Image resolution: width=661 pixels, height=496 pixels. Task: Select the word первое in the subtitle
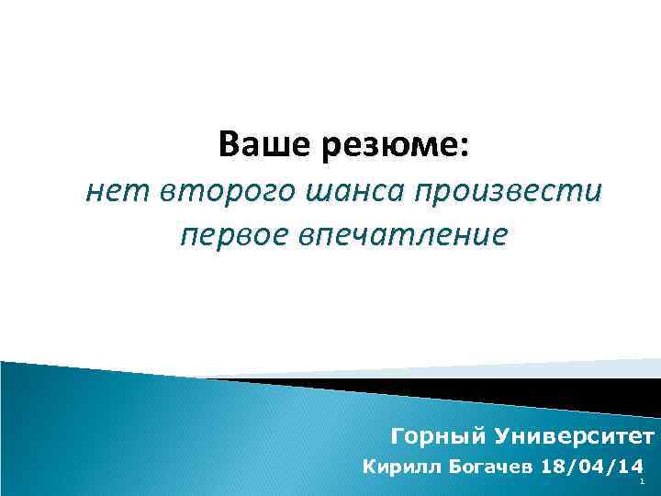232,234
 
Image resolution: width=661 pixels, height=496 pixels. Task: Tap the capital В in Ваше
228,145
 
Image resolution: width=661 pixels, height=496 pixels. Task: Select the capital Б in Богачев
454,467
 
